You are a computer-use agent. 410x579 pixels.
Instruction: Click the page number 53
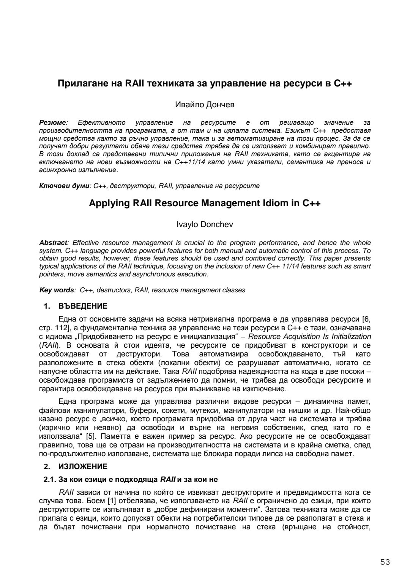point(385,562)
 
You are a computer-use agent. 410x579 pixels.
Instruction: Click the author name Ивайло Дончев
point(205,105)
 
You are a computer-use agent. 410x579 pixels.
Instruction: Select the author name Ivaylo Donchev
point(205,224)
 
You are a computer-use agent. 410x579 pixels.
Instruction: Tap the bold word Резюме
point(53,122)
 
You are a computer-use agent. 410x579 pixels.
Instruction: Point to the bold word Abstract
point(53,243)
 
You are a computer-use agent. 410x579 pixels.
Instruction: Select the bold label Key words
point(57,290)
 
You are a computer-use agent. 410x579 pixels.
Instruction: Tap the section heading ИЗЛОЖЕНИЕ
point(82,466)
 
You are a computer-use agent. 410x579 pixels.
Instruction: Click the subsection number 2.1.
point(50,480)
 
